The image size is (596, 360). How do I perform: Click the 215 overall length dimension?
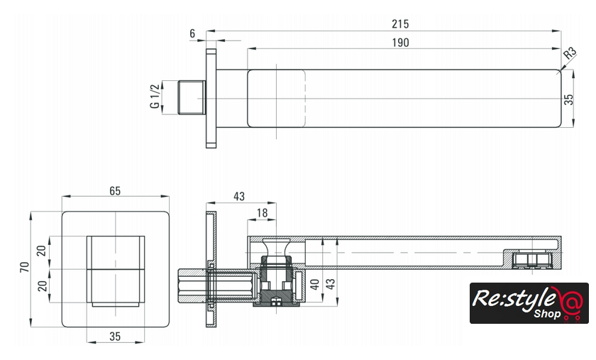[400, 24]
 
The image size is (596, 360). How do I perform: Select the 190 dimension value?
[400, 42]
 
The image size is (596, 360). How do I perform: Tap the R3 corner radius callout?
[569, 53]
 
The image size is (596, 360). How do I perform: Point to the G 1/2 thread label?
[155, 97]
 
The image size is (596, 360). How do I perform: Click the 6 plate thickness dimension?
[192, 33]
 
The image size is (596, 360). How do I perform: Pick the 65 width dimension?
[115, 191]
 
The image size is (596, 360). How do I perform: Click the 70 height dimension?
[25, 267]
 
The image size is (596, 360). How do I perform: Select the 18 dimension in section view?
[262, 213]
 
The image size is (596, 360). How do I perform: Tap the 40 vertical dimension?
[315, 284]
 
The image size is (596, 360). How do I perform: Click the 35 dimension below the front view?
[115, 337]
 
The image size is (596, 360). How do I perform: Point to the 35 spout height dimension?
[568, 99]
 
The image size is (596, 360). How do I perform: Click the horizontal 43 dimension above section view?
[238, 197]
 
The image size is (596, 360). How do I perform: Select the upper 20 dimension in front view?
[41, 251]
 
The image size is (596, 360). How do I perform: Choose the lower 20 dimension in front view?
[42, 285]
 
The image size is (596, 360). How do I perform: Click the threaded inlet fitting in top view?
[192, 97]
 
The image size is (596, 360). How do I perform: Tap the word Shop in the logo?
[547, 314]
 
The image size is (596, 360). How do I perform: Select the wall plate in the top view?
[211, 98]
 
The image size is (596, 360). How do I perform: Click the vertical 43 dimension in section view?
[331, 284]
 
